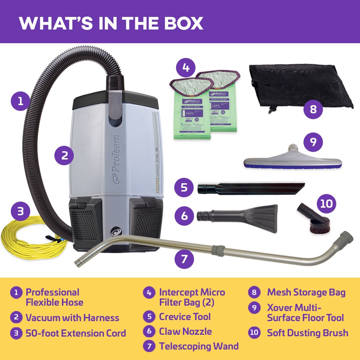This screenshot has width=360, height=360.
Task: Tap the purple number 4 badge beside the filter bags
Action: (186, 67)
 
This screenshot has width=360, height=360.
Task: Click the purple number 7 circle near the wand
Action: (184, 258)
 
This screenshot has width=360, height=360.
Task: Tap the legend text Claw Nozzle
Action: (185, 332)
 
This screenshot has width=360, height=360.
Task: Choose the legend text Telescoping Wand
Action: (199, 346)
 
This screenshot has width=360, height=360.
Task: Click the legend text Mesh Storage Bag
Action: (306, 292)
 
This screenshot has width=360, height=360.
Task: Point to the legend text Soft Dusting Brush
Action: (307, 333)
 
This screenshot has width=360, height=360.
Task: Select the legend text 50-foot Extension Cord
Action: (76, 333)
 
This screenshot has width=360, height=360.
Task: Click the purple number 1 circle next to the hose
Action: (21, 101)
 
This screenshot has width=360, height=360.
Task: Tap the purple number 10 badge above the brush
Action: (326, 204)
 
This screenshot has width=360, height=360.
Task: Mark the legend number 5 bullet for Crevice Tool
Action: (149, 317)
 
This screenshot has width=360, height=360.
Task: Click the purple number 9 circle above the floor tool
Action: (313, 142)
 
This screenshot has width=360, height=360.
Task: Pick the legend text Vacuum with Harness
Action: (72, 318)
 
